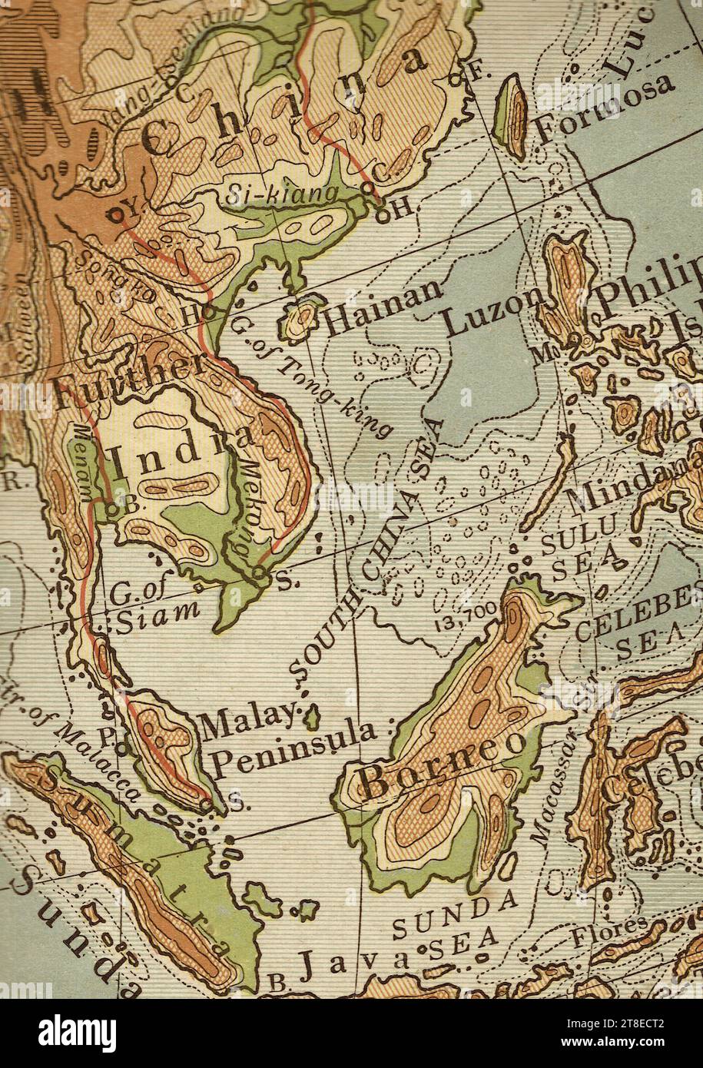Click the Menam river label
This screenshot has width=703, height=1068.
pos(82,456)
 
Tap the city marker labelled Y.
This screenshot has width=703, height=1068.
pos(115,215)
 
